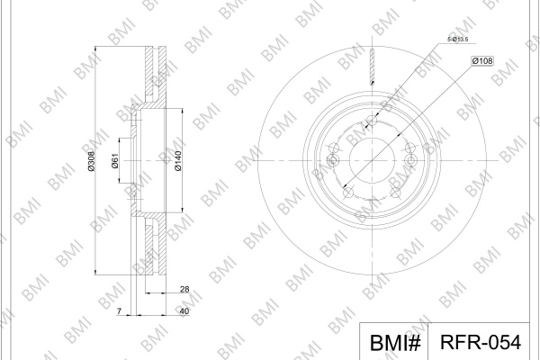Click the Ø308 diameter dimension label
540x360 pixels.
(x=91, y=161)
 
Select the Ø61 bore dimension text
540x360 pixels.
(x=115, y=161)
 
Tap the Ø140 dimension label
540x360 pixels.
(x=178, y=161)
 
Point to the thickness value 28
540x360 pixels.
(x=184, y=290)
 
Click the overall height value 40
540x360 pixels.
(x=184, y=311)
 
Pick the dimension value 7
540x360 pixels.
(x=119, y=311)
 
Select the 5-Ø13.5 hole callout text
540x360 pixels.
(x=458, y=40)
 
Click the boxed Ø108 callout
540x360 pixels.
(x=482, y=61)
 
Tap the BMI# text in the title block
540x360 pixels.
(x=395, y=343)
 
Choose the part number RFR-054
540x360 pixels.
(x=481, y=342)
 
